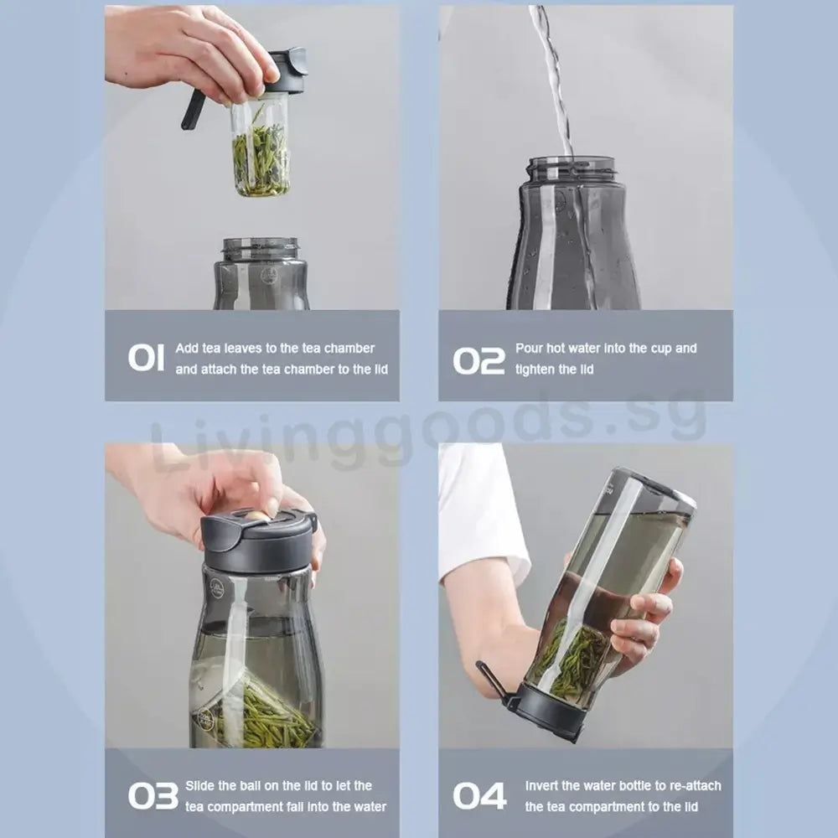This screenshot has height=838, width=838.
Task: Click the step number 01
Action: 146,357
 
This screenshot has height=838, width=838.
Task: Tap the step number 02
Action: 479,360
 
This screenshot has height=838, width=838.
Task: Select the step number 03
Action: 153,795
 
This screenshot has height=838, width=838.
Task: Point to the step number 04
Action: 479,795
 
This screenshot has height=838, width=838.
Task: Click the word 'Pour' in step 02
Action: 530,348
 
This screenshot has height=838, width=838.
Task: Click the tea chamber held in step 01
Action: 261,151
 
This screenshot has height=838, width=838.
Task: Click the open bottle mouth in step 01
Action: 261,246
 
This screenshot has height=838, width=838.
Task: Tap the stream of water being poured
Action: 553,75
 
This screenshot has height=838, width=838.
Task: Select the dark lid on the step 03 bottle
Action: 258,541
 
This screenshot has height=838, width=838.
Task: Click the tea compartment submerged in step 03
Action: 251,708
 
